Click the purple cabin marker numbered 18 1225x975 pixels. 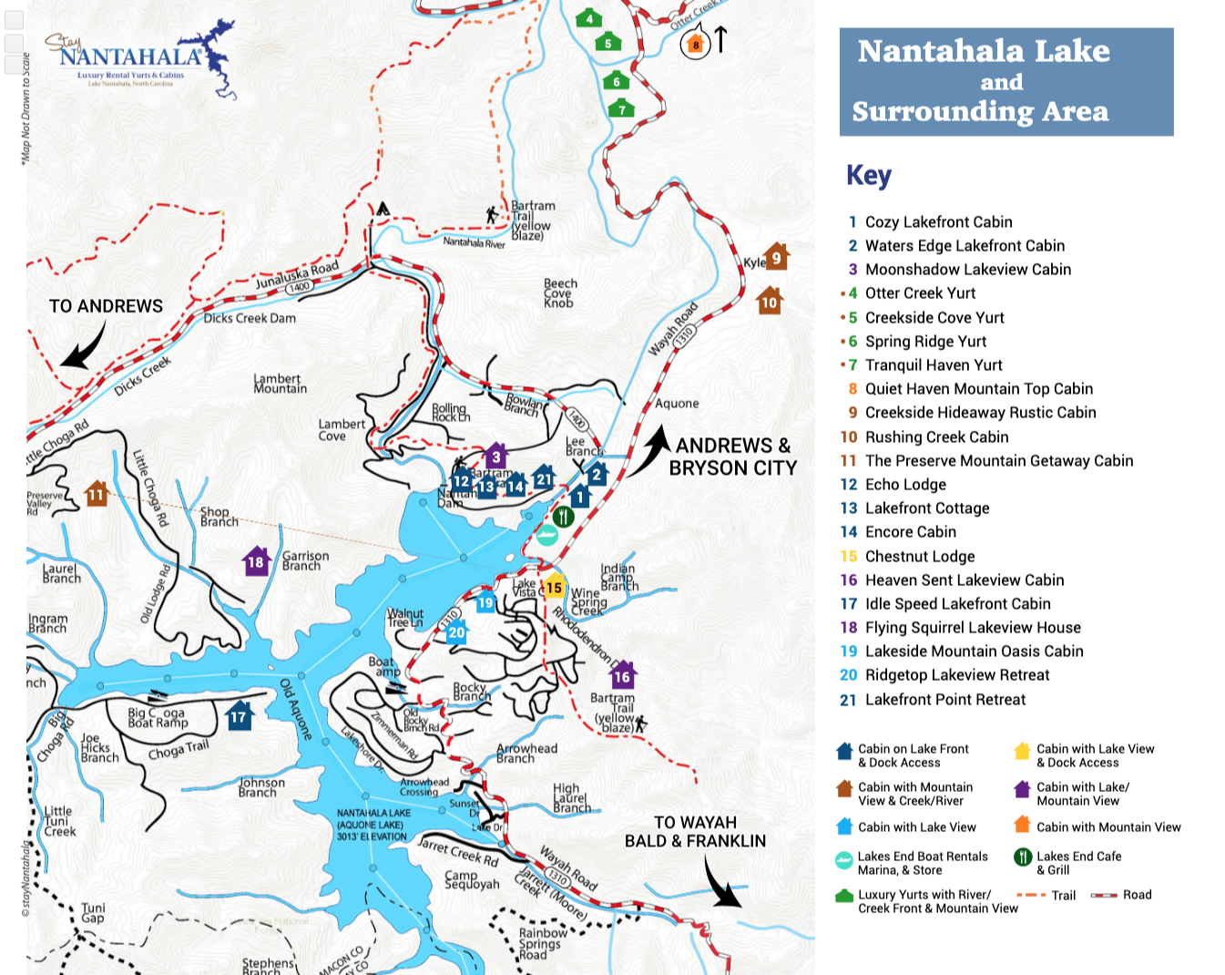click(256, 561)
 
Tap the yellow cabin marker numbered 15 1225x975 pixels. click(553, 587)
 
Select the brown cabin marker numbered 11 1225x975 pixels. click(97, 494)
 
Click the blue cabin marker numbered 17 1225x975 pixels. click(239, 715)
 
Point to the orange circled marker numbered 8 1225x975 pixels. click(696, 44)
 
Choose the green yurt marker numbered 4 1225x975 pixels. click(589, 18)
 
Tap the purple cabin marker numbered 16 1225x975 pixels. click(622, 676)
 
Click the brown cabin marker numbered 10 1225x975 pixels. click(770, 302)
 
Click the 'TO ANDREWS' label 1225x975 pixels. click(106, 306)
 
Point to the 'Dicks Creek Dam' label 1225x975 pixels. click(249, 318)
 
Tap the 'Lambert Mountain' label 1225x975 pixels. click(280, 384)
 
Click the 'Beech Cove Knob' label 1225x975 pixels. click(560, 293)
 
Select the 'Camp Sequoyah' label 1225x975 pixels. click(472, 879)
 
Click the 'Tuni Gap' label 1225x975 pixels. click(93, 913)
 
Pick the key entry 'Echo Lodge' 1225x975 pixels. click(905, 485)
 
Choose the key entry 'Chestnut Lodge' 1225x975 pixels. click(920, 557)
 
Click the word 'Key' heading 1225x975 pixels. click(868, 175)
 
